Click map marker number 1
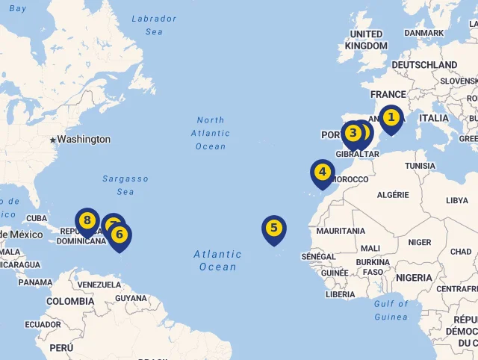391,118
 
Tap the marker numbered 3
353,133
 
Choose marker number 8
87,220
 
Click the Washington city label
84,140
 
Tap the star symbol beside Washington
52,140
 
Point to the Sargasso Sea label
125,185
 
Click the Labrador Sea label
154,25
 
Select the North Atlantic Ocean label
211,133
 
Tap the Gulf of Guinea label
391,310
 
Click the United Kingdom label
366,40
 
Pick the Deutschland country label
424,66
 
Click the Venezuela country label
99,285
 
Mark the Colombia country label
70,302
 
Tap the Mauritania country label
341,232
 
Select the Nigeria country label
414,278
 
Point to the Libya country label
456,201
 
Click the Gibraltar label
358,155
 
